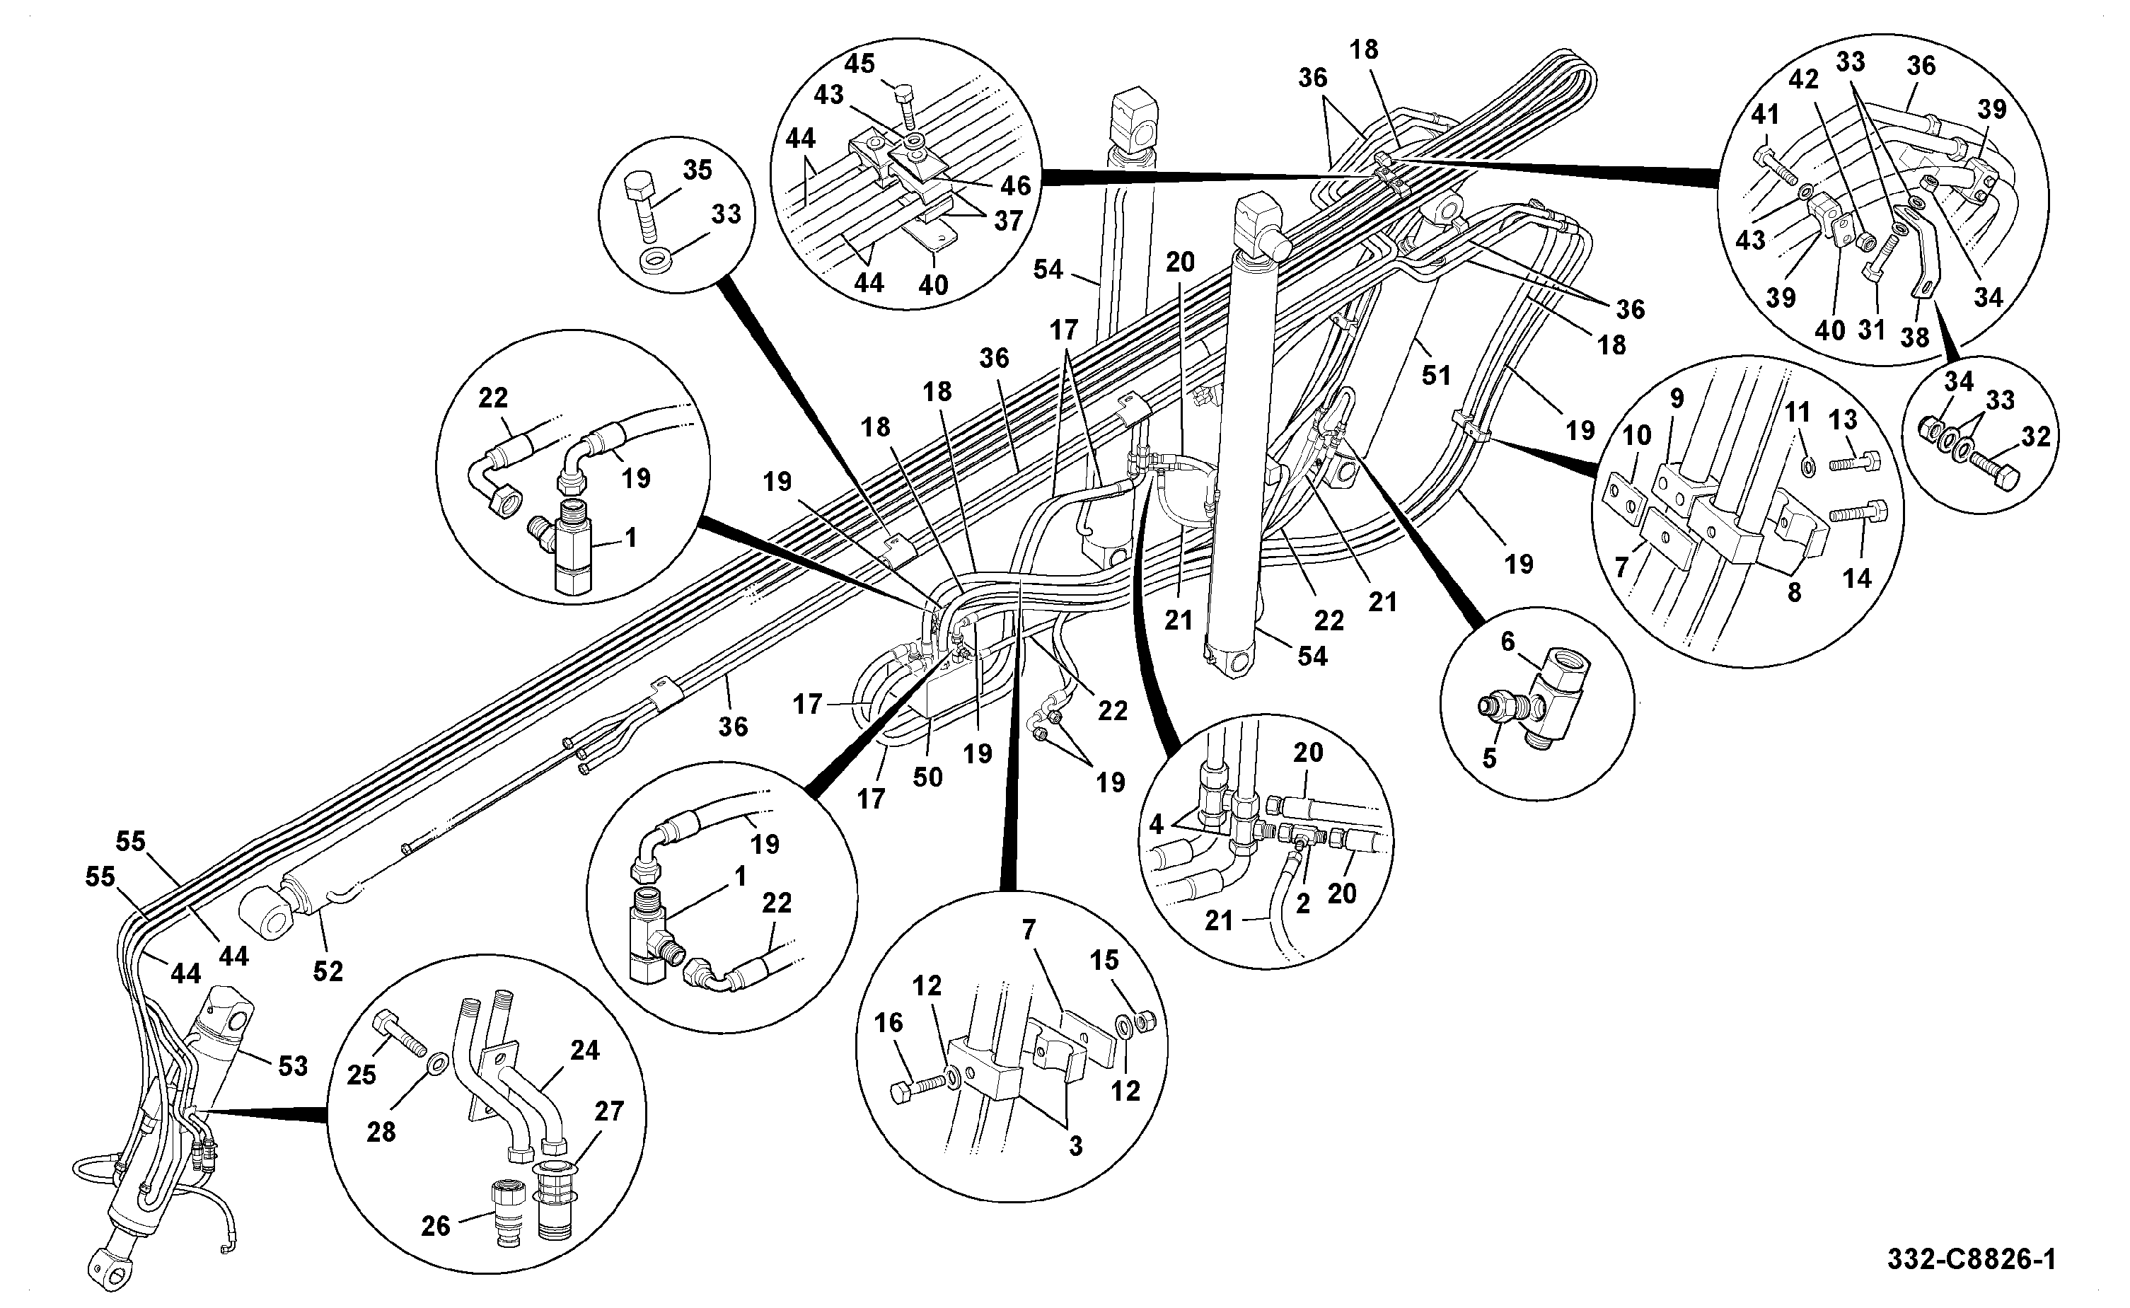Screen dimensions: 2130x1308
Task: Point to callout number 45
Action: [859, 63]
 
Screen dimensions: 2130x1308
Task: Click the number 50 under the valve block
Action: [927, 777]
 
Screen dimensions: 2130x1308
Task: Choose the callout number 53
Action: [293, 1066]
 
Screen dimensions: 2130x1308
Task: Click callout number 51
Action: [1437, 375]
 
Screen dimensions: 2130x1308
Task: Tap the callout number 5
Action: [1488, 758]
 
